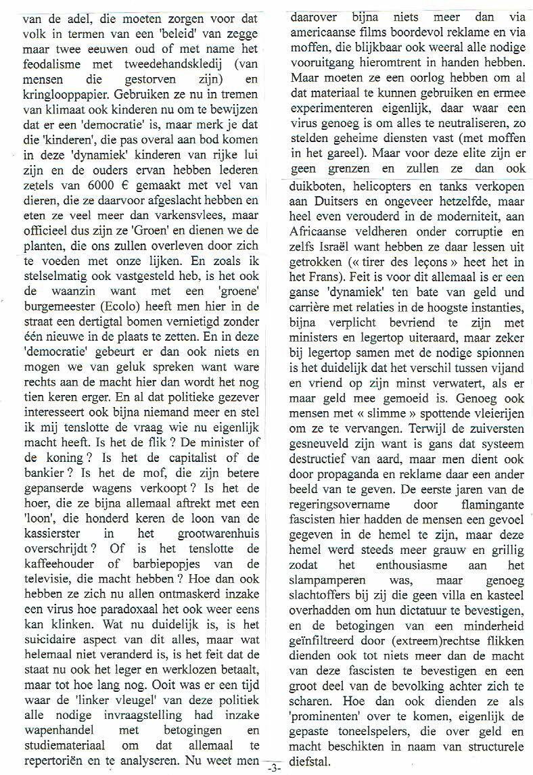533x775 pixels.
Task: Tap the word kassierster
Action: [45, 528]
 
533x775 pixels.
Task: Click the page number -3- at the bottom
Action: [274, 768]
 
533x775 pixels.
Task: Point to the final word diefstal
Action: [307, 760]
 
